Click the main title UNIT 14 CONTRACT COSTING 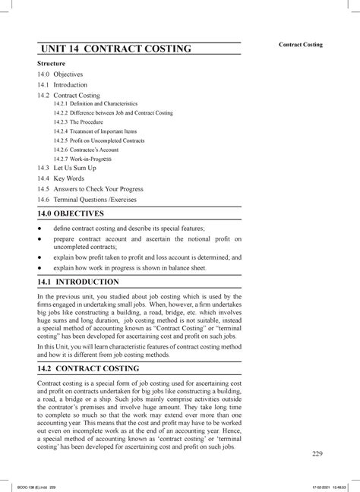click(115, 50)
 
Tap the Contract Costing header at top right click(301, 45)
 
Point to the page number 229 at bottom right click(317, 454)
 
